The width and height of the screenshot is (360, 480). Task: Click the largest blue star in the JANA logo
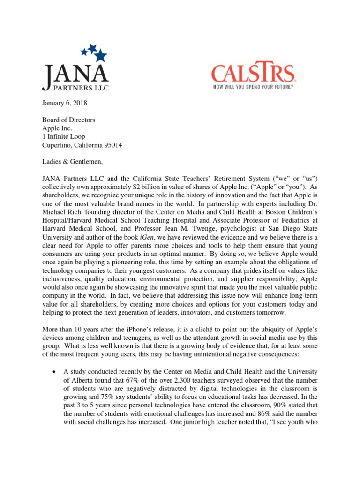(x=100, y=56)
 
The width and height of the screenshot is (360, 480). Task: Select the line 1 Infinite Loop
(x=59, y=137)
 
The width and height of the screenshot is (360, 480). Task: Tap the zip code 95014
(x=112, y=145)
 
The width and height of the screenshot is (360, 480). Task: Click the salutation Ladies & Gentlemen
(x=68, y=162)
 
